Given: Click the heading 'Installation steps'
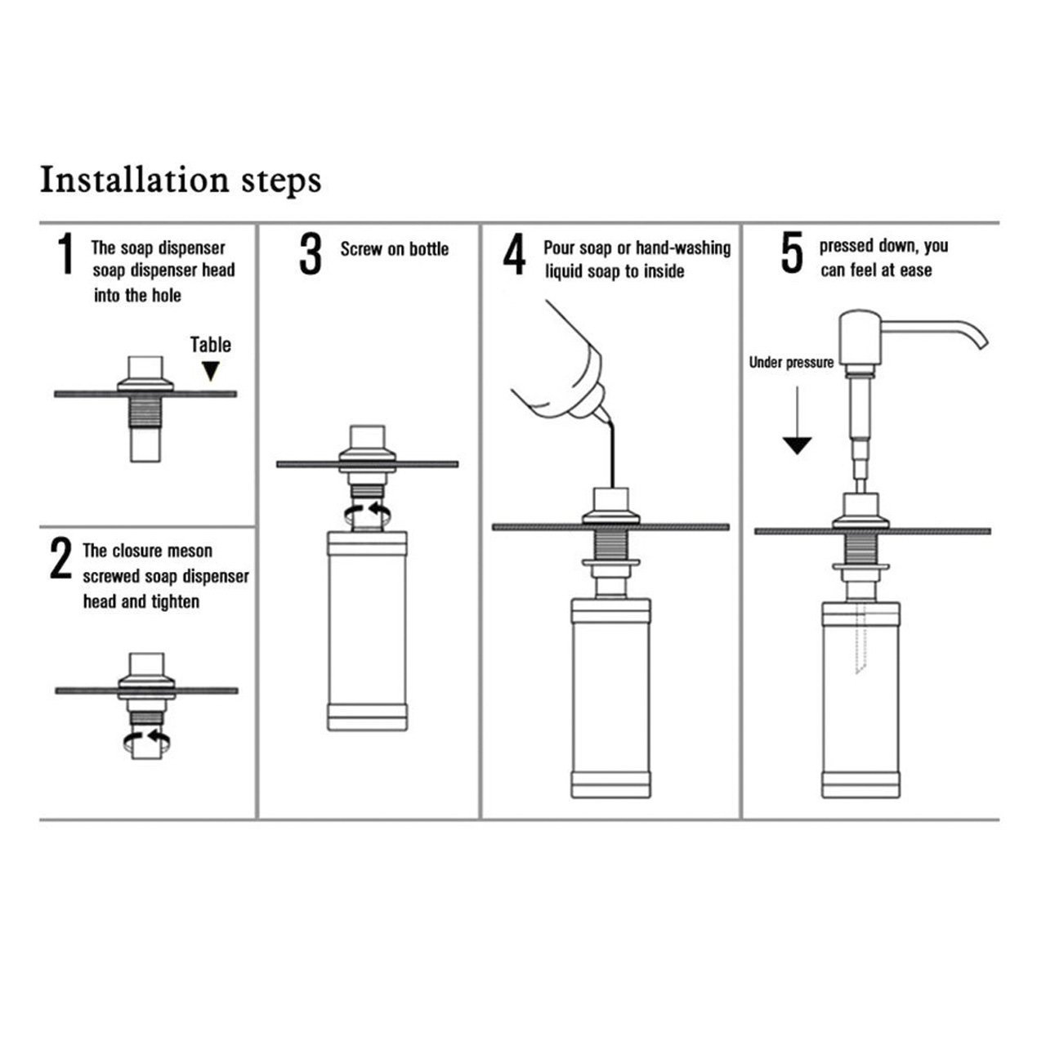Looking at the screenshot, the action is pos(181,181).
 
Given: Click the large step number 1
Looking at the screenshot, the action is pos(65,253).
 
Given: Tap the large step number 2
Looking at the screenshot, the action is pos(60,558).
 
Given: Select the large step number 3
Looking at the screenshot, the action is pos(310,253).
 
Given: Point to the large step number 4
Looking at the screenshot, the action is pos(514,253).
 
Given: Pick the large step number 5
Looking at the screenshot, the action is pos(792,252).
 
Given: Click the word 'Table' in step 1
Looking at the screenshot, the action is pos(211,345).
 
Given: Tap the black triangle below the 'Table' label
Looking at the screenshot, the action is pos(211,371).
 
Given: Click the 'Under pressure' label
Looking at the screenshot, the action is pos(791,363).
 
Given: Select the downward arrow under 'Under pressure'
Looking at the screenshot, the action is pos(797,420).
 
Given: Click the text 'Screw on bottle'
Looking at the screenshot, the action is pos(395,249).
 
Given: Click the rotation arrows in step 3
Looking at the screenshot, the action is pos(368,511).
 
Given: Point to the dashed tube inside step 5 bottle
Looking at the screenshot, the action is pos(860,639).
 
